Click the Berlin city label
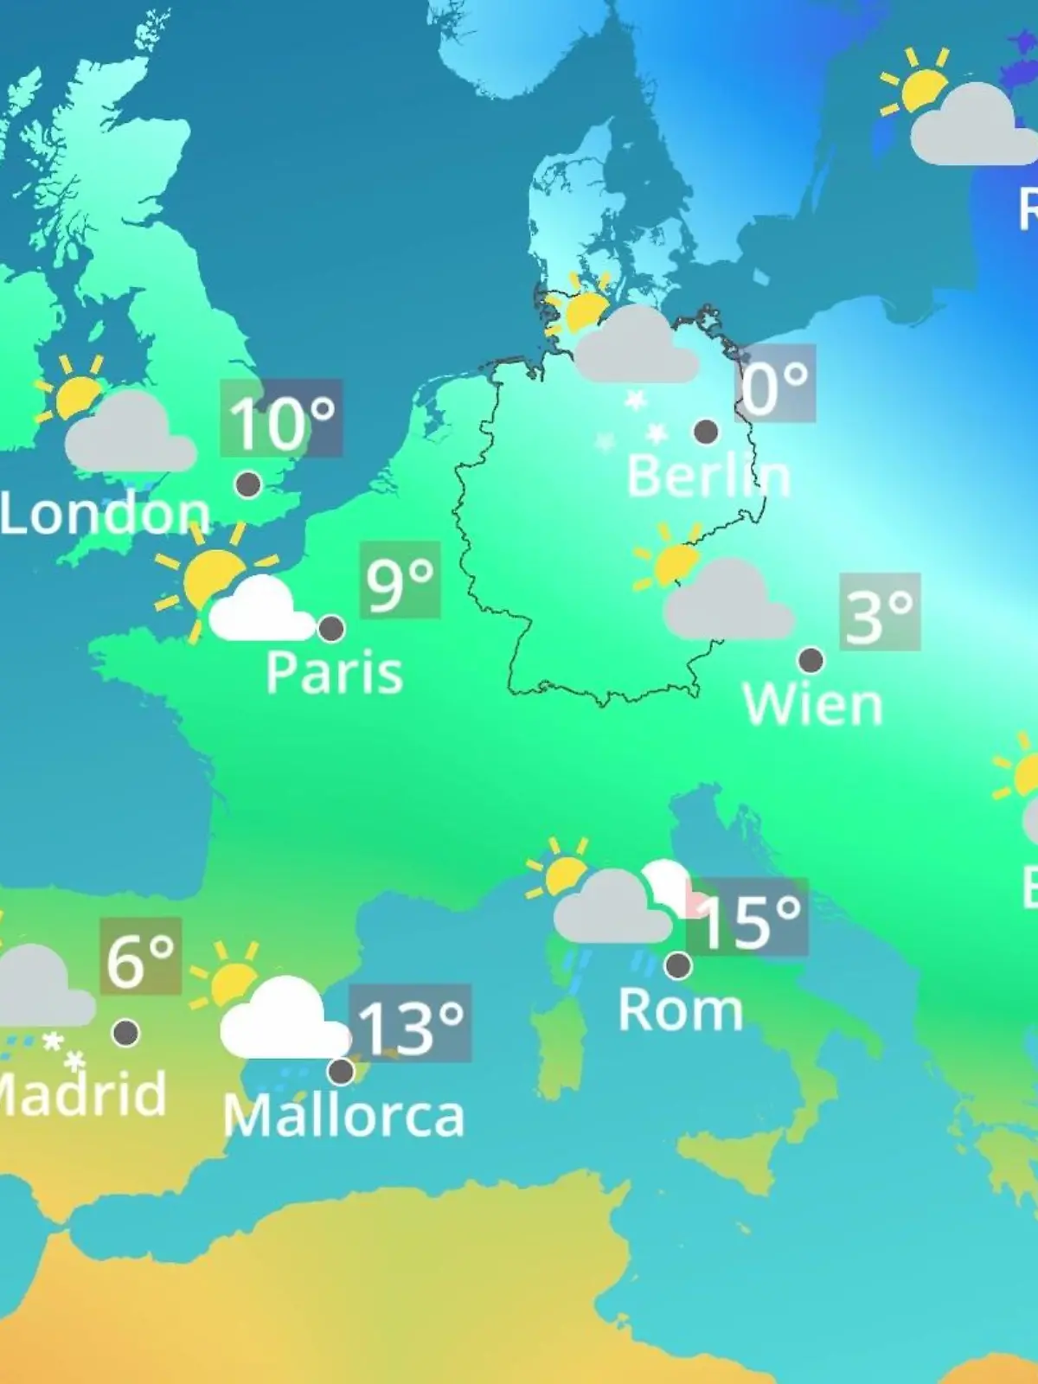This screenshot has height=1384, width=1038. pos(708,476)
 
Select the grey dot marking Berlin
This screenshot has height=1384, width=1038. pos(706,431)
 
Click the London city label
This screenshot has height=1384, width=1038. pos(105,514)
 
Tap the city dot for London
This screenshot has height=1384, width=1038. pos(248,484)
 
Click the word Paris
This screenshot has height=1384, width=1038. pos(334,673)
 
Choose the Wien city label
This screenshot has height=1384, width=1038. pos(812,705)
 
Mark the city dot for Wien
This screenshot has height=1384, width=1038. pos(811,660)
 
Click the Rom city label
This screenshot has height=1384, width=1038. pos(681,1009)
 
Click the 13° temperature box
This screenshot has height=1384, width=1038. pos(410,1025)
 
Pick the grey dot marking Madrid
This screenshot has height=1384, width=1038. pos(126,1032)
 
